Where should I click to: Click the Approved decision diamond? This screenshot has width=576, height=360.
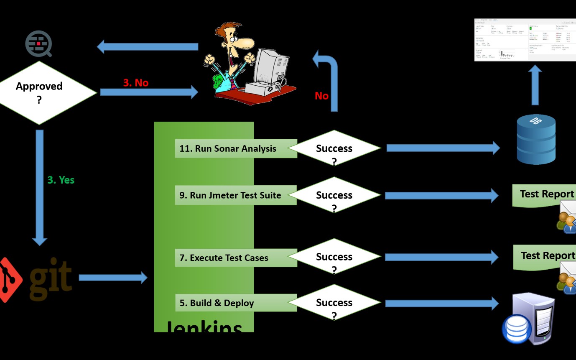(40, 92)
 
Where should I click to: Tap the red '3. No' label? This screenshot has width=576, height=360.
(135, 83)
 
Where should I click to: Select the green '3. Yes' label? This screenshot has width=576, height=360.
(61, 180)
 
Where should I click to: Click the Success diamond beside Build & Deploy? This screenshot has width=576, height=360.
(334, 303)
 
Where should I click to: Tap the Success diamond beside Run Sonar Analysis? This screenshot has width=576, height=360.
(334, 149)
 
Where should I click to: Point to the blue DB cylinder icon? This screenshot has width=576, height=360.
(536, 139)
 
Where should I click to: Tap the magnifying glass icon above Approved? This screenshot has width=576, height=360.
(38, 44)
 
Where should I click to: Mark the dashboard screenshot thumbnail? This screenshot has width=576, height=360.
(525, 40)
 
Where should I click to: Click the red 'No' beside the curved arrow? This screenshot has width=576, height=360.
(321, 96)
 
